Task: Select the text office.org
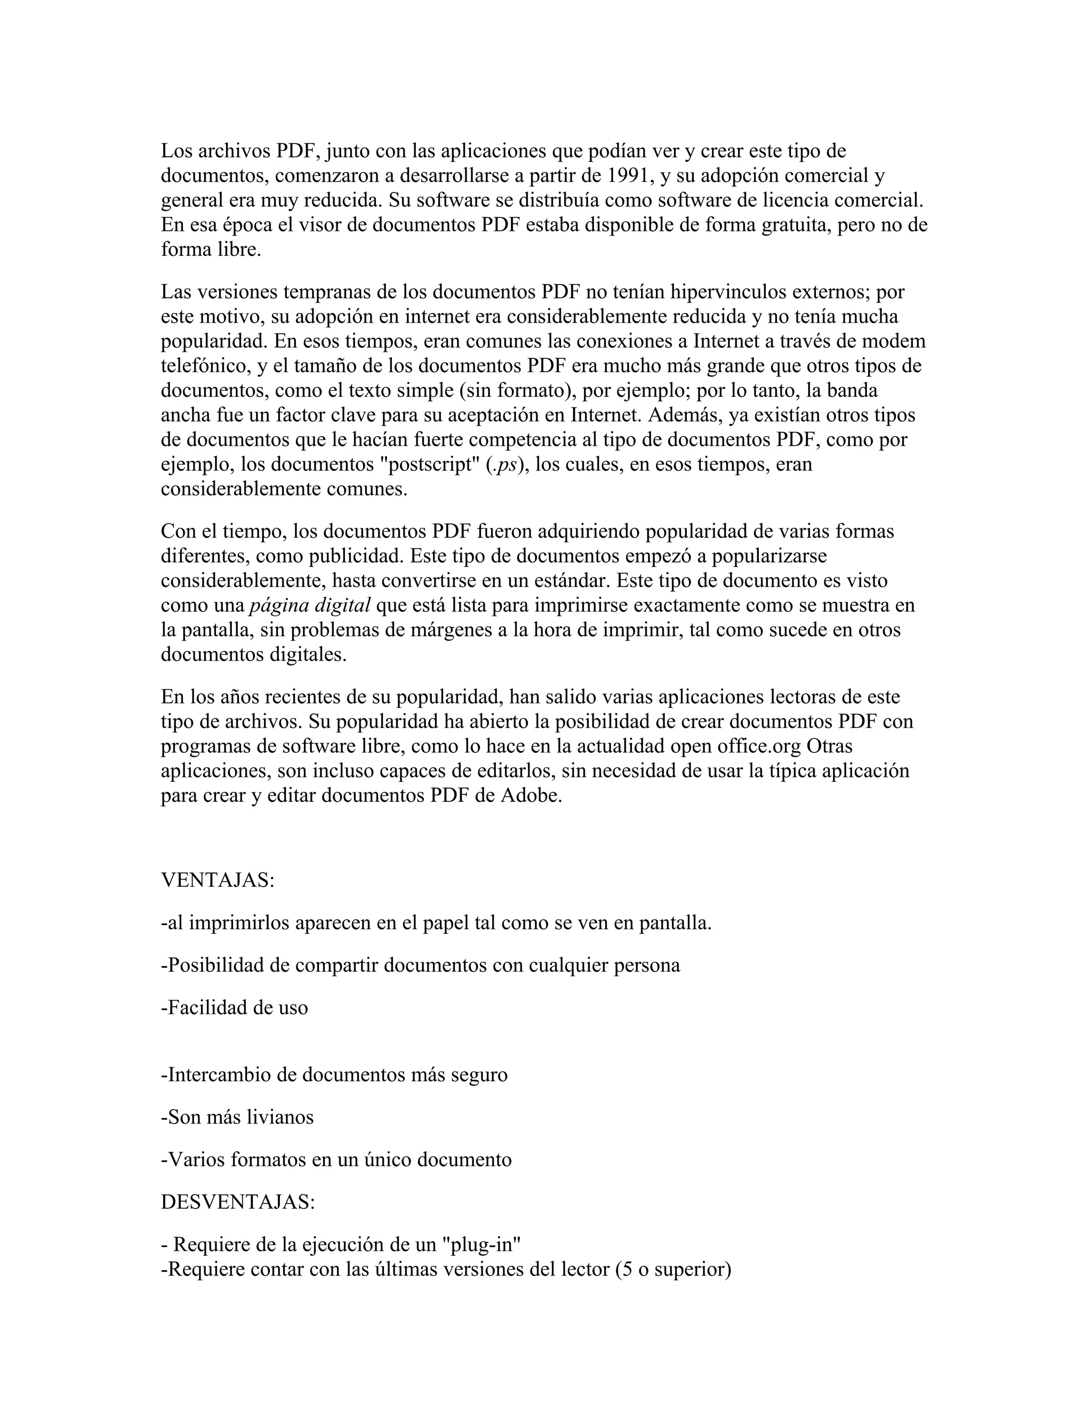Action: tap(759, 746)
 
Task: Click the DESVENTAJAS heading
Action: tap(237, 1201)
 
